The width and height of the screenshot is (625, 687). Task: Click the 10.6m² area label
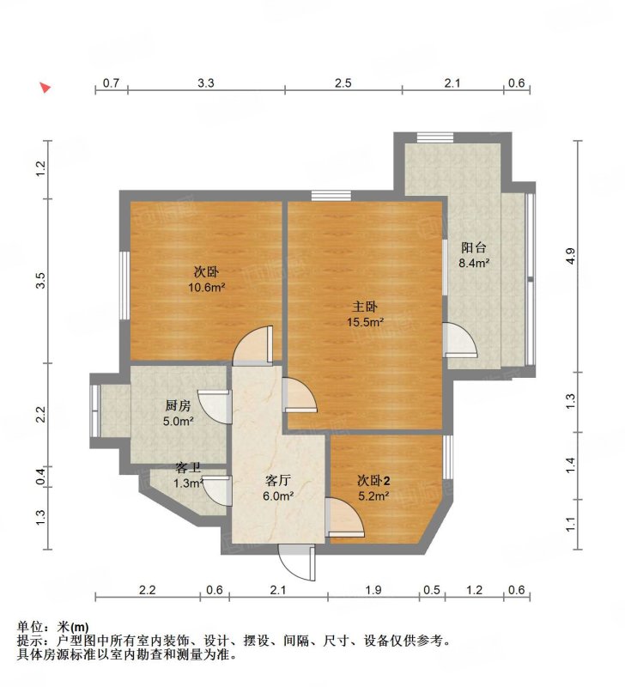tap(206, 288)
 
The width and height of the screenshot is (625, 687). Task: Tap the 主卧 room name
tap(364, 307)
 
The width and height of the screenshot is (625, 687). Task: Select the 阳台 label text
tap(473, 247)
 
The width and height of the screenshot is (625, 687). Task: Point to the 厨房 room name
tap(178, 405)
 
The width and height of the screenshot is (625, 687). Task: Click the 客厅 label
tap(277, 481)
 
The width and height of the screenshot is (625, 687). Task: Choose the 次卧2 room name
tap(373, 481)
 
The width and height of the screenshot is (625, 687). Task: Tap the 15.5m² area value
tap(365, 323)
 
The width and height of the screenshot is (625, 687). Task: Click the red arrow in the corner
tap(45, 88)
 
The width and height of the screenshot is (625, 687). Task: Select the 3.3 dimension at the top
tap(206, 82)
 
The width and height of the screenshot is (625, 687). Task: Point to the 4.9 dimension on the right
tap(570, 256)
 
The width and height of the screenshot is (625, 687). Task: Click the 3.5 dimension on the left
tap(40, 281)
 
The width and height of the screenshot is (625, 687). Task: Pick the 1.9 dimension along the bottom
tap(373, 590)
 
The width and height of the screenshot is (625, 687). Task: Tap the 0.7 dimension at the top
tap(111, 82)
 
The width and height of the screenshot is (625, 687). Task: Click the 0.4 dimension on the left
tap(40, 477)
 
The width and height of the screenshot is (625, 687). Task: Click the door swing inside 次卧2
tap(346, 518)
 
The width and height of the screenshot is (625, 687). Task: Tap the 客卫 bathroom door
tap(217, 490)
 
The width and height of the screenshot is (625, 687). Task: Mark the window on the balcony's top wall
tap(434, 137)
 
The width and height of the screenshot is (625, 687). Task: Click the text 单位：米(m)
tap(53, 628)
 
